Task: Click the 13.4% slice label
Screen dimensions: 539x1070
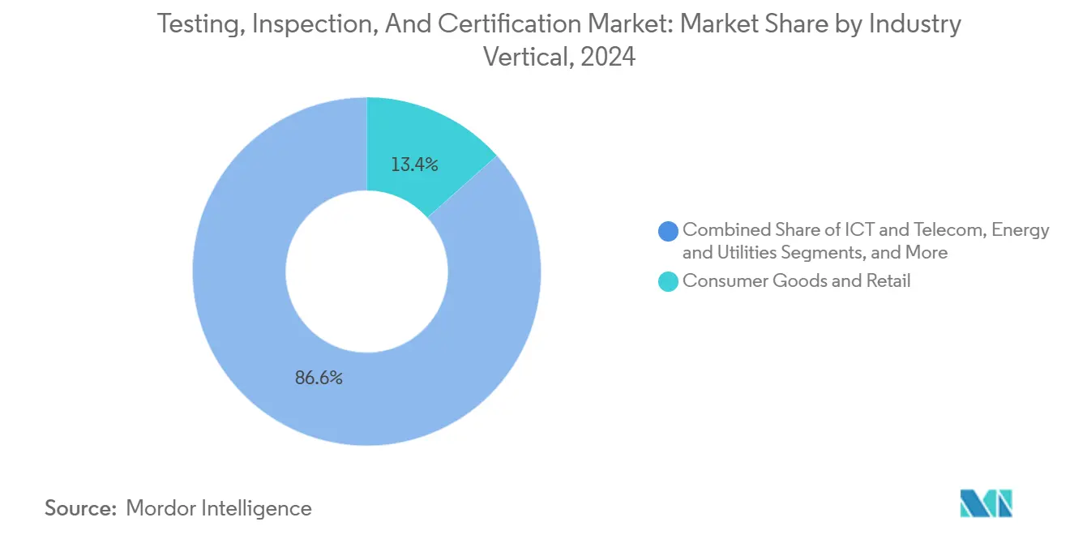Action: pos(414,165)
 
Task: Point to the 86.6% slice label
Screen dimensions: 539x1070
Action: pos(319,378)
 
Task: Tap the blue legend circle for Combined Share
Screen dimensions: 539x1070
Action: pos(669,231)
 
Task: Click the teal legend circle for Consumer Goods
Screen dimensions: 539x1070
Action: pos(669,281)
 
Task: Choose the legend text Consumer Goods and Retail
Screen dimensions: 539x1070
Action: pos(796,281)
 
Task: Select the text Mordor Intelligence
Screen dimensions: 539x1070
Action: pos(219,508)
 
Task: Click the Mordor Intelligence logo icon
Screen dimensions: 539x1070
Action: pos(986,503)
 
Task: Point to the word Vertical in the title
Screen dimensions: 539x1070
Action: pos(524,58)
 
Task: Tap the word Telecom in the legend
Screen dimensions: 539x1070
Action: pos(932,230)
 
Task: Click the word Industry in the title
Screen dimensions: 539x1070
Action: pos(914,24)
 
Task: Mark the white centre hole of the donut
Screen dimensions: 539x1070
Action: pos(366,272)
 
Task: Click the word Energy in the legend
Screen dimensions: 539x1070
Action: pos(1021,230)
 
